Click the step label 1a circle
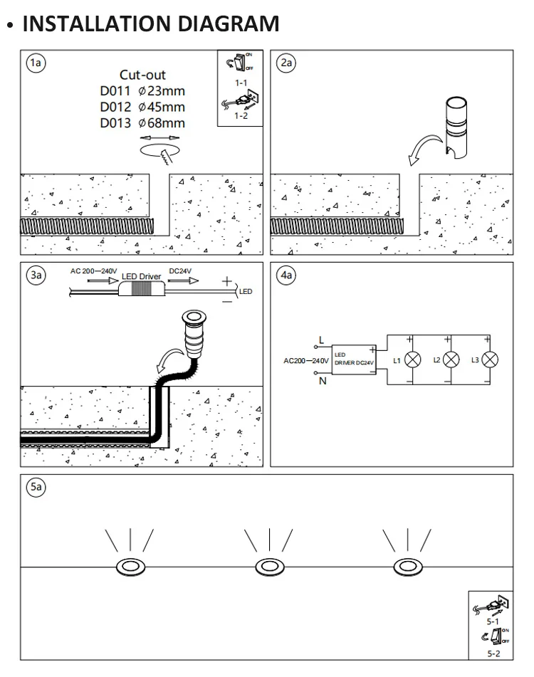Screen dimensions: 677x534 tap(35, 63)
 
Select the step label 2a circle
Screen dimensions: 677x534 tap(287, 63)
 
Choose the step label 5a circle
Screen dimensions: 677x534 tap(35, 488)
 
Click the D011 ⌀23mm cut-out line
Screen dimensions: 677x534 tap(142, 91)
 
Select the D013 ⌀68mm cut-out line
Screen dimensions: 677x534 tap(142, 123)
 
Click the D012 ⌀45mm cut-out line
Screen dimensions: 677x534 tap(142, 107)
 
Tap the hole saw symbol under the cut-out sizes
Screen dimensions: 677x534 tap(160, 149)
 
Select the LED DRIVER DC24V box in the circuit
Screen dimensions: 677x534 tap(354, 358)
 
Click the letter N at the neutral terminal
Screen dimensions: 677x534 tap(322, 381)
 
